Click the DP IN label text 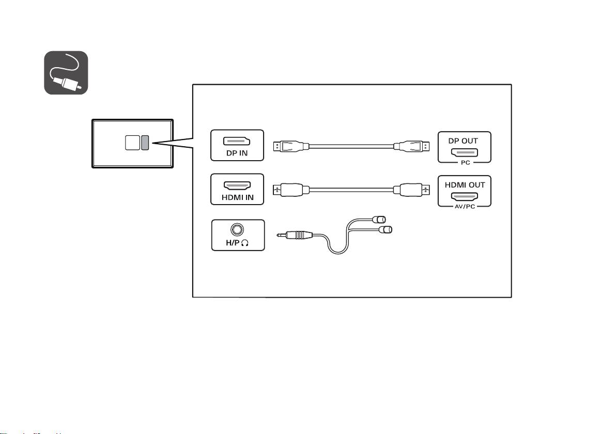coord(237,153)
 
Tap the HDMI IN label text coord(238,197)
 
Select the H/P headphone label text coord(237,243)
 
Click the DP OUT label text coord(463,141)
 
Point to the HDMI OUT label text coord(465,184)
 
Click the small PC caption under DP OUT coord(466,163)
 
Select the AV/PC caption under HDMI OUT coord(465,207)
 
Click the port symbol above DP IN coord(237,141)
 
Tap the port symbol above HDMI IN coord(237,185)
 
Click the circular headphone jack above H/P coord(237,229)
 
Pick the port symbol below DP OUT coord(465,152)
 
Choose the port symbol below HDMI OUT coord(465,196)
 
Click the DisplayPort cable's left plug coord(291,147)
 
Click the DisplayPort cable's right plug coord(411,147)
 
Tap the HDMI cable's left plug coord(291,190)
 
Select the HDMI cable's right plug coord(411,190)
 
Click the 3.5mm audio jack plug coord(295,235)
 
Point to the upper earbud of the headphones coord(379,219)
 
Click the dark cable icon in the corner coord(66,73)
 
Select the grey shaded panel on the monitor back coord(145,143)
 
